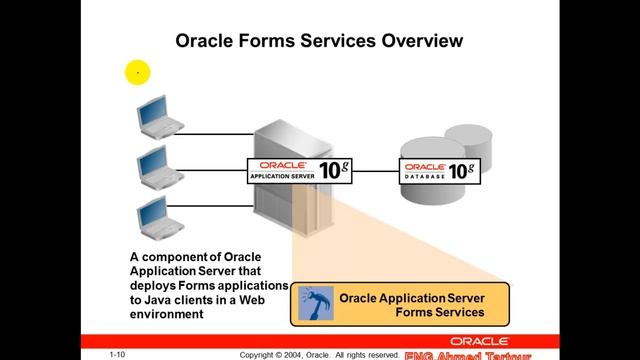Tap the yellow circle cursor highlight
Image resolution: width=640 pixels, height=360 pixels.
137,72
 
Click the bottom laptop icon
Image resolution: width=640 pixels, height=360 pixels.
152,212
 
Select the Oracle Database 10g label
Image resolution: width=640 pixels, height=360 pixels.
437,170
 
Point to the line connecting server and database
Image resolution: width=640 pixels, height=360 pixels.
376,171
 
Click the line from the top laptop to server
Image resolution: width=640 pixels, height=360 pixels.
215,133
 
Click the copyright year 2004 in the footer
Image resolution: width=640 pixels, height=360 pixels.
299,354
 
